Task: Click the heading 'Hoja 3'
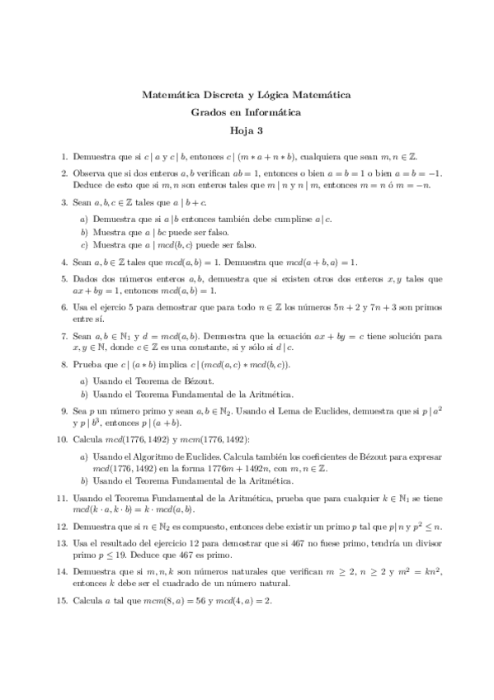[x=247, y=129]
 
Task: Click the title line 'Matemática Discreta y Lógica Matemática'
[x=247, y=95]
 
